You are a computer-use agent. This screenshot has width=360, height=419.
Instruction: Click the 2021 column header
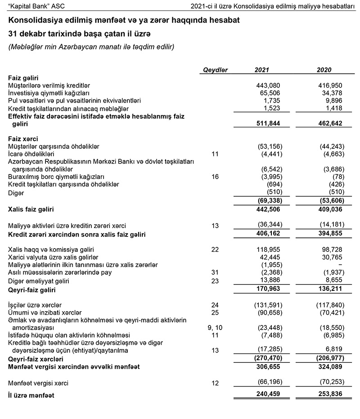[262, 70]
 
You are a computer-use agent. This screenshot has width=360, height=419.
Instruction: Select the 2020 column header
[324, 70]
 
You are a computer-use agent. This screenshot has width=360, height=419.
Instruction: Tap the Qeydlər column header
[216, 70]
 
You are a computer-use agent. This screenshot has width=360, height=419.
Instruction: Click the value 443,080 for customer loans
[268, 85]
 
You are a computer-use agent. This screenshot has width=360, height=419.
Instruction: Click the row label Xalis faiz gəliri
[34, 209]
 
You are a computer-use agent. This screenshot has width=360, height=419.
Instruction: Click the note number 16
[215, 177]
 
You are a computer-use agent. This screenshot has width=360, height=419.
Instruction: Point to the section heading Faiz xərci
[23, 139]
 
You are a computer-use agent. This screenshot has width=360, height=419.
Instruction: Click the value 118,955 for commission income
[268, 249]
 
